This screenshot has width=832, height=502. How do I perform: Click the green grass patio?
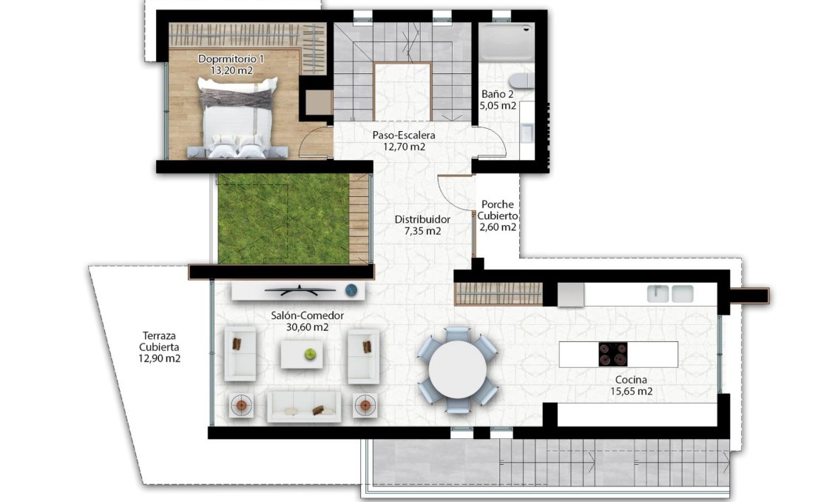[283, 219]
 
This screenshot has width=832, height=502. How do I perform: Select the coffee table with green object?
[302, 354]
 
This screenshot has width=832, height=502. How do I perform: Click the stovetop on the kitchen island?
[614, 353]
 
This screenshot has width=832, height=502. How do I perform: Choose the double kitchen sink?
[670, 294]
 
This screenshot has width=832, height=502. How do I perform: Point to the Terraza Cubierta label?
[159, 346]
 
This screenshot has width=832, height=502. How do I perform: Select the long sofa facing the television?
[303, 406]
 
